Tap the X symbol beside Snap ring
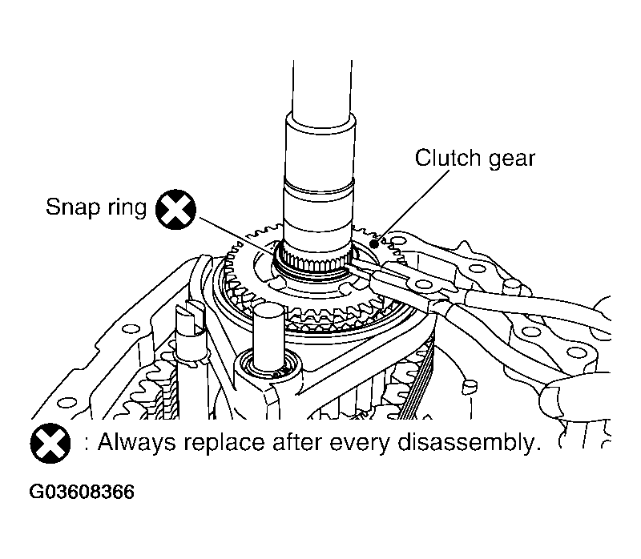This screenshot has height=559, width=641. pos(176,210)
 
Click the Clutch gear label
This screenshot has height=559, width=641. pos(474,158)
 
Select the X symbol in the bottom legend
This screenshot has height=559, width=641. pos(50,443)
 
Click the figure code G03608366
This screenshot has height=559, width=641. pos(82,492)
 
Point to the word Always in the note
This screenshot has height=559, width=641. pos(133,443)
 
